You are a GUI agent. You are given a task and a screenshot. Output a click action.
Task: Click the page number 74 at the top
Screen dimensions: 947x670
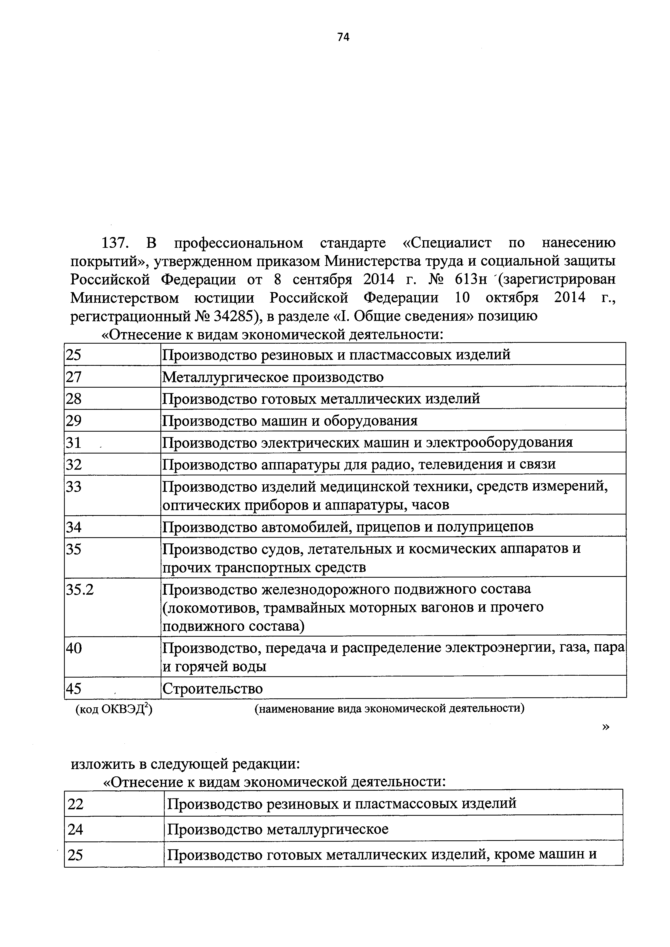click(x=343, y=38)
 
